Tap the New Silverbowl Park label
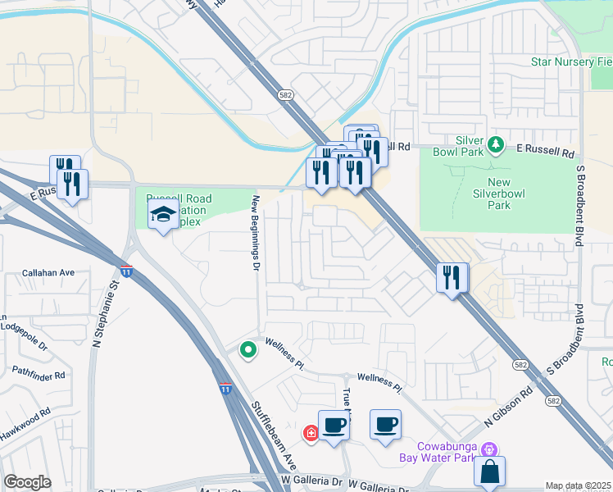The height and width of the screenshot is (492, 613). click(x=498, y=194)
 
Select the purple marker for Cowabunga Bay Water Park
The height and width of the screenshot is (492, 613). click(x=490, y=449)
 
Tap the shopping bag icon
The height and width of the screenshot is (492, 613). click(x=489, y=472)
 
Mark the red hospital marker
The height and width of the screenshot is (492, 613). click(x=311, y=433)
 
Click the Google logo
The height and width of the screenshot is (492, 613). click(x=27, y=482)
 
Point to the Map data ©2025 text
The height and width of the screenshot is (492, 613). click(x=578, y=486)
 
